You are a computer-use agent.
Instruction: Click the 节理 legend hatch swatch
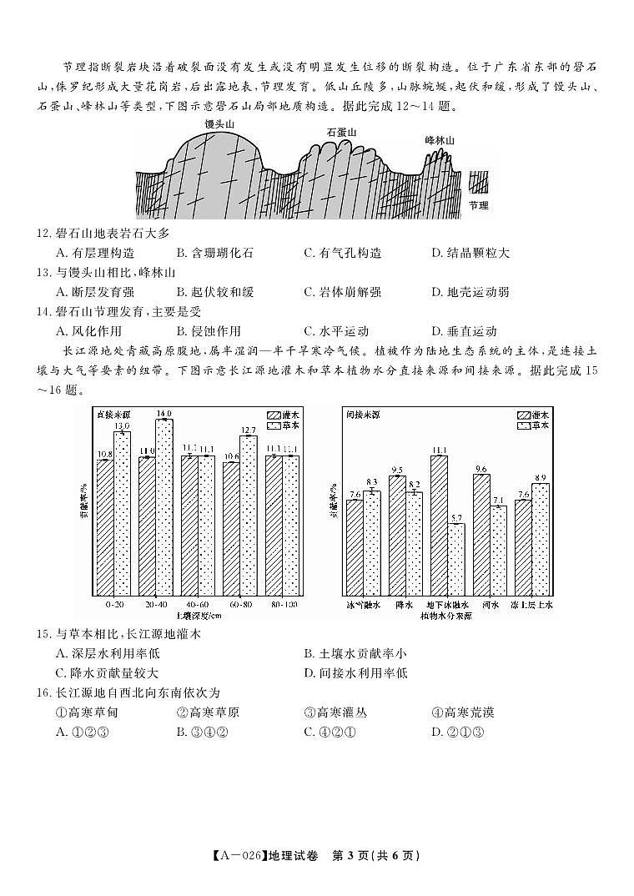(478, 184)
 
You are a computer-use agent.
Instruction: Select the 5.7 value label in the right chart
(455, 518)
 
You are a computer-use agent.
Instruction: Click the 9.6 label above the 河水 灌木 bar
(481, 469)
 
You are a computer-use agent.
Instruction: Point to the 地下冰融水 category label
(447, 604)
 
